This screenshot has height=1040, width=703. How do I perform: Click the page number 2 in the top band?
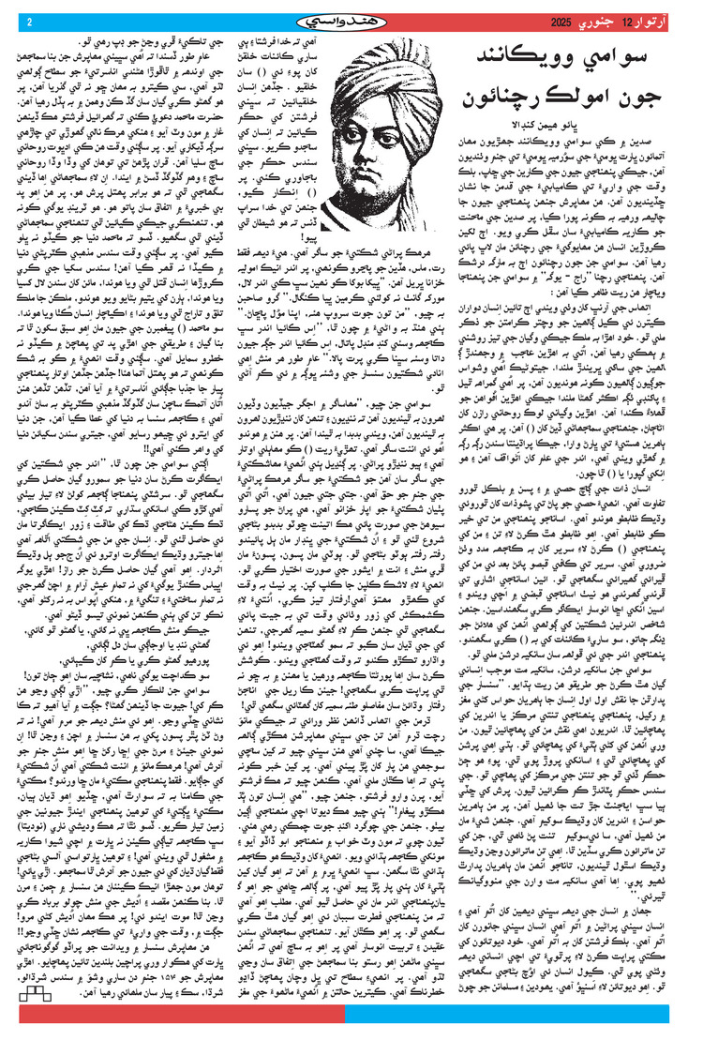28,23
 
